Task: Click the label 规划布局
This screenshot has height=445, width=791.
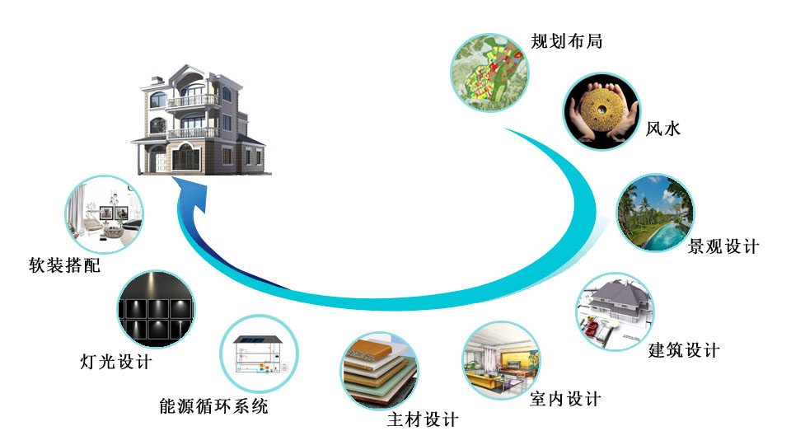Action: point(567,41)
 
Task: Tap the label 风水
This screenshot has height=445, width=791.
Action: point(663,129)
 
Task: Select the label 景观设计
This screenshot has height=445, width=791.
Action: point(723,246)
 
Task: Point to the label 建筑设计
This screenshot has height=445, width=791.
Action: point(684,349)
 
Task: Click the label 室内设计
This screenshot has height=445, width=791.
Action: point(565,399)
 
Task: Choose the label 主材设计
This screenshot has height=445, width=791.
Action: point(423,419)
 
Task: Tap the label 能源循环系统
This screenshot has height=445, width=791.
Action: point(214,406)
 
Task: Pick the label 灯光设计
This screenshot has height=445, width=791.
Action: point(116,361)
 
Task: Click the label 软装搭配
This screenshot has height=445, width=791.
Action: point(64,265)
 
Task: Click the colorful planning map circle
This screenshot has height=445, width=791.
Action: point(489,73)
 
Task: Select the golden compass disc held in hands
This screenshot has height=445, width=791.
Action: point(601,110)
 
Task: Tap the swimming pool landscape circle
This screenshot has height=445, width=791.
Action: point(655,213)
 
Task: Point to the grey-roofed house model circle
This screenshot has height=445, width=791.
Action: point(615,311)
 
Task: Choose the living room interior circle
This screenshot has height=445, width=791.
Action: point(502,361)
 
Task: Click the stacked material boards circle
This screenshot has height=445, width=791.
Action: point(379,371)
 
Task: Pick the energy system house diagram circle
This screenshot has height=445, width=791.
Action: point(260,354)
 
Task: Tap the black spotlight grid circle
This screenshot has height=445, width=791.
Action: point(157,309)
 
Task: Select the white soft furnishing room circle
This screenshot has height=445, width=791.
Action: point(105,214)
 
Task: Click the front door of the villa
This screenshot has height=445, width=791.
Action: point(161,162)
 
